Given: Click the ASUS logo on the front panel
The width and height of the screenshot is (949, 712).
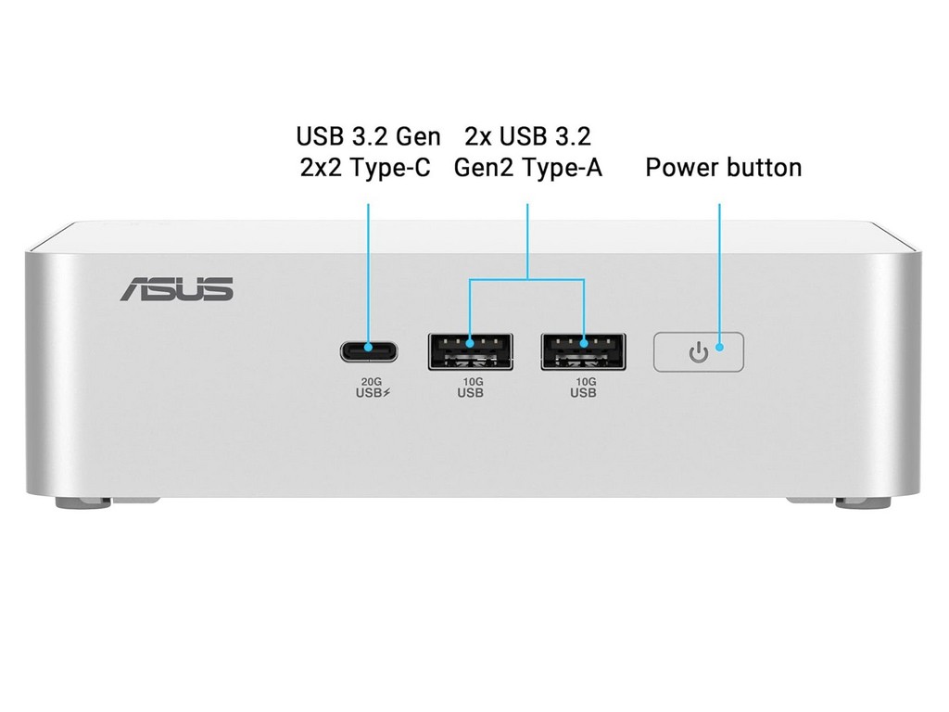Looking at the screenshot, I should click(176, 288).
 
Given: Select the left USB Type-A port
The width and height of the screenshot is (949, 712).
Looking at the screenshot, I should click(470, 350).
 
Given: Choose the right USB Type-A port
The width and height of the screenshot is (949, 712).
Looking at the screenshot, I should click(583, 350).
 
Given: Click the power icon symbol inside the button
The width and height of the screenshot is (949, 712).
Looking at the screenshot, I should click(699, 352).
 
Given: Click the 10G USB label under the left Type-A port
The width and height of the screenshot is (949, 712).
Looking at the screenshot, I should click(470, 387).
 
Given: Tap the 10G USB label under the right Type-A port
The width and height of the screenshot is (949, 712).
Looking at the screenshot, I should click(583, 387).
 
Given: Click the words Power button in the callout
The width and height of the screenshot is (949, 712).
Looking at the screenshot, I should click(723, 168).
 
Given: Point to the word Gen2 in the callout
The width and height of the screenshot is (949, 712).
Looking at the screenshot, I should click(483, 169).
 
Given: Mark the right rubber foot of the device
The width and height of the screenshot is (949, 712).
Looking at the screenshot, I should click(862, 503).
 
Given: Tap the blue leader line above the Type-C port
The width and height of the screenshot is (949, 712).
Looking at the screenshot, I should click(369, 269).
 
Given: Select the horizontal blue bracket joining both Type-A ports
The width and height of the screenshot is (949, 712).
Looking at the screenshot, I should click(527, 278).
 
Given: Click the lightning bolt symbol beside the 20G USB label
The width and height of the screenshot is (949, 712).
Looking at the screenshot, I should click(387, 392).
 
